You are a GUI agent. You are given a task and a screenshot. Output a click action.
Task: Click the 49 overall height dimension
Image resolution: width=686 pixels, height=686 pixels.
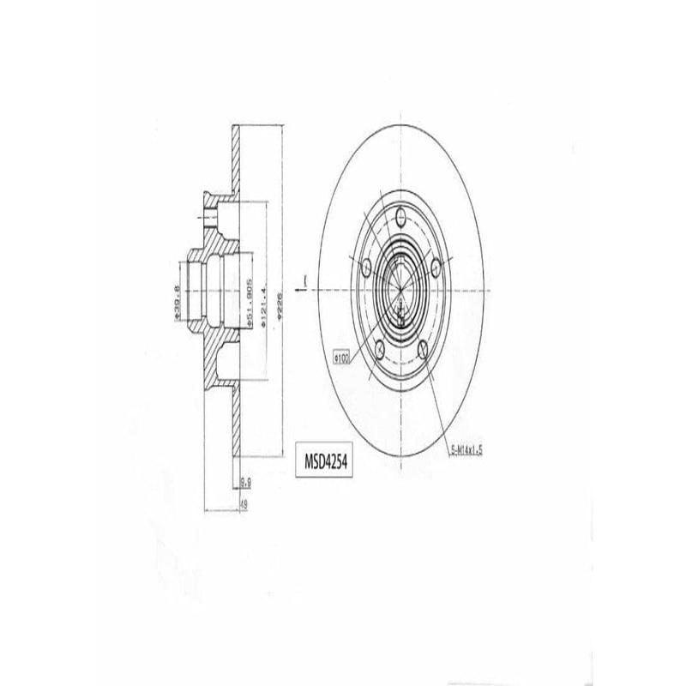click(x=244, y=503)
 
